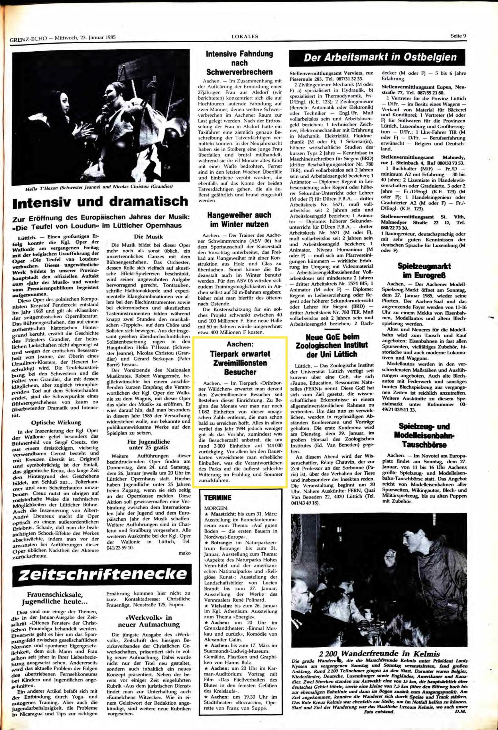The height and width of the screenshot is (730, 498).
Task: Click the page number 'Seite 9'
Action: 458,35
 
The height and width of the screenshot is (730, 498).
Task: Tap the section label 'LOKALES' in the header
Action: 244,36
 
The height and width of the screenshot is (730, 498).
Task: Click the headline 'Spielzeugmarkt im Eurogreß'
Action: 424,271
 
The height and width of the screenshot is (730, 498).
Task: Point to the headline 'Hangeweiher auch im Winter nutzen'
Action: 239,220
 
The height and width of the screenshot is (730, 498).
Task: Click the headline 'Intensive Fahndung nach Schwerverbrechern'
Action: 239,62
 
